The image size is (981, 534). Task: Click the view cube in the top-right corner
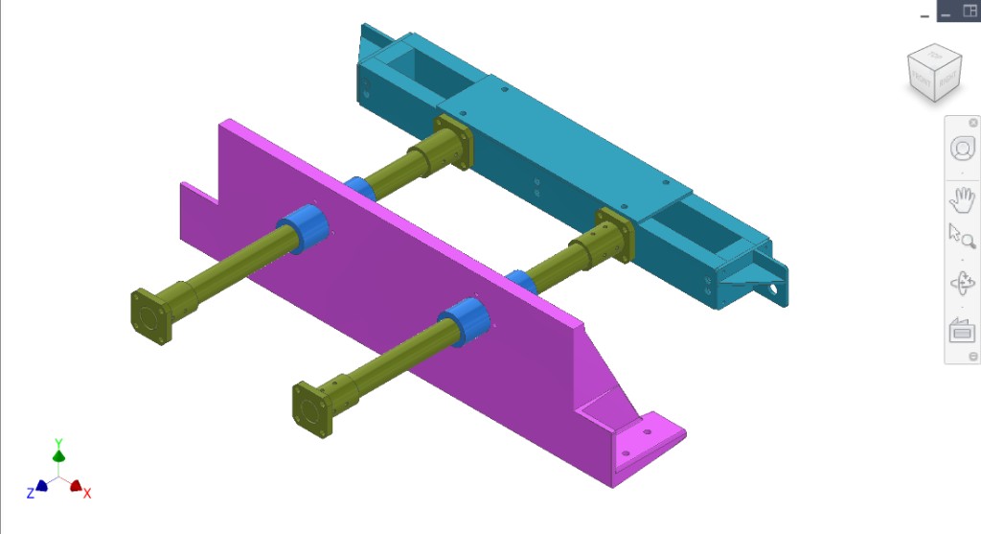coord(934,74)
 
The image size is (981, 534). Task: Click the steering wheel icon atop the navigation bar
coord(961,149)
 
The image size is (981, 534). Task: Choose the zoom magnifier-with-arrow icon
coord(961,236)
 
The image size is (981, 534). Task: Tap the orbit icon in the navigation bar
coord(961,284)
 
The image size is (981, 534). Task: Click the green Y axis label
coord(58,444)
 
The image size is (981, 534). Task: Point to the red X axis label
coord(87,493)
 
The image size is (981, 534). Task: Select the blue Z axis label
coord(31,493)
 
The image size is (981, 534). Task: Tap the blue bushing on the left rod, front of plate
coord(305,230)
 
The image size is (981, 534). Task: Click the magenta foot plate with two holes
coord(647,441)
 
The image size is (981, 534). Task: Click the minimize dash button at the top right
coord(924,13)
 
